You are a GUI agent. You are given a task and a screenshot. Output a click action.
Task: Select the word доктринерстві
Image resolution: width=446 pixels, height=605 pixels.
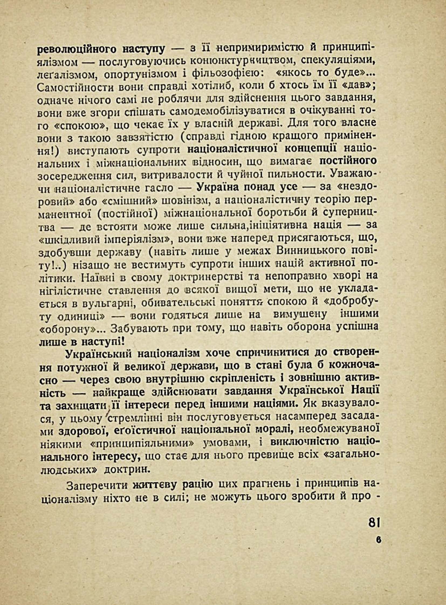pyautogui.click(x=203, y=278)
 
